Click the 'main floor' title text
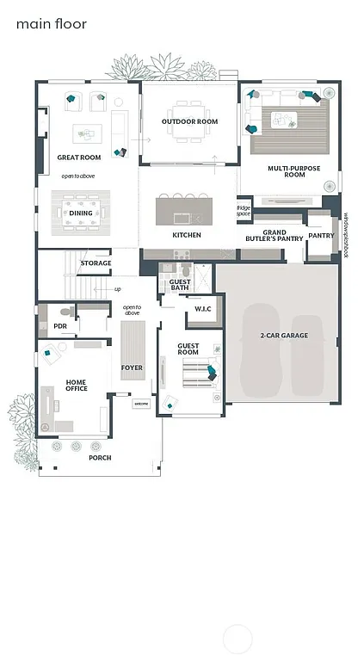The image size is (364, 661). (52, 24)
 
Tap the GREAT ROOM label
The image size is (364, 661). (79, 158)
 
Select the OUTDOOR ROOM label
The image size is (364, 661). (189, 121)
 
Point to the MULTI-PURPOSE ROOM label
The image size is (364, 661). (293, 171)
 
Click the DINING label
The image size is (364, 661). (81, 213)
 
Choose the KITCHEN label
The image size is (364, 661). (187, 235)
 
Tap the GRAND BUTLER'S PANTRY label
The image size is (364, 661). (275, 235)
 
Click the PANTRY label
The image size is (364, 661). (321, 235)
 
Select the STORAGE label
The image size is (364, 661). (96, 263)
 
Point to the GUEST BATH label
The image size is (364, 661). (180, 285)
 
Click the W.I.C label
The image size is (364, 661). (203, 309)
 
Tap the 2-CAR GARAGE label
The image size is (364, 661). (283, 336)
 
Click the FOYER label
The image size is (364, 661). (132, 368)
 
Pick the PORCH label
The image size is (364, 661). (100, 458)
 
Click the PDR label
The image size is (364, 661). (60, 326)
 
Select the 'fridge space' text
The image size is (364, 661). (244, 210)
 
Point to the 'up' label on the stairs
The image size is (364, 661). (117, 289)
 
